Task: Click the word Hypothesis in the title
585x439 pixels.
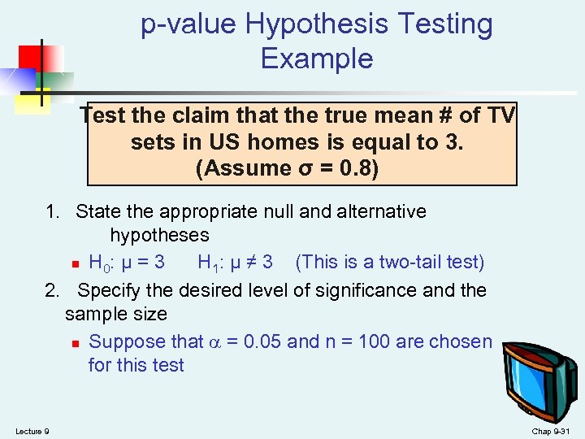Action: [317, 25]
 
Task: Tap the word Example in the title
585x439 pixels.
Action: [317, 59]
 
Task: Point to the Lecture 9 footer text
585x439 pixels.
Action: [32, 431]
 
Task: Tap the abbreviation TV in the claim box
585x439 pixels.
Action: [499, 116]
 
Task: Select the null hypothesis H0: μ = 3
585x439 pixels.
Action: [127, 263]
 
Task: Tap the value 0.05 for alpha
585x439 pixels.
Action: [266, 341]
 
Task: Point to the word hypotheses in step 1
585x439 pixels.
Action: [159, 236]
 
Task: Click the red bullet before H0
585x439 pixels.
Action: [74, 264]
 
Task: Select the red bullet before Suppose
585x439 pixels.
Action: [74, 343]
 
